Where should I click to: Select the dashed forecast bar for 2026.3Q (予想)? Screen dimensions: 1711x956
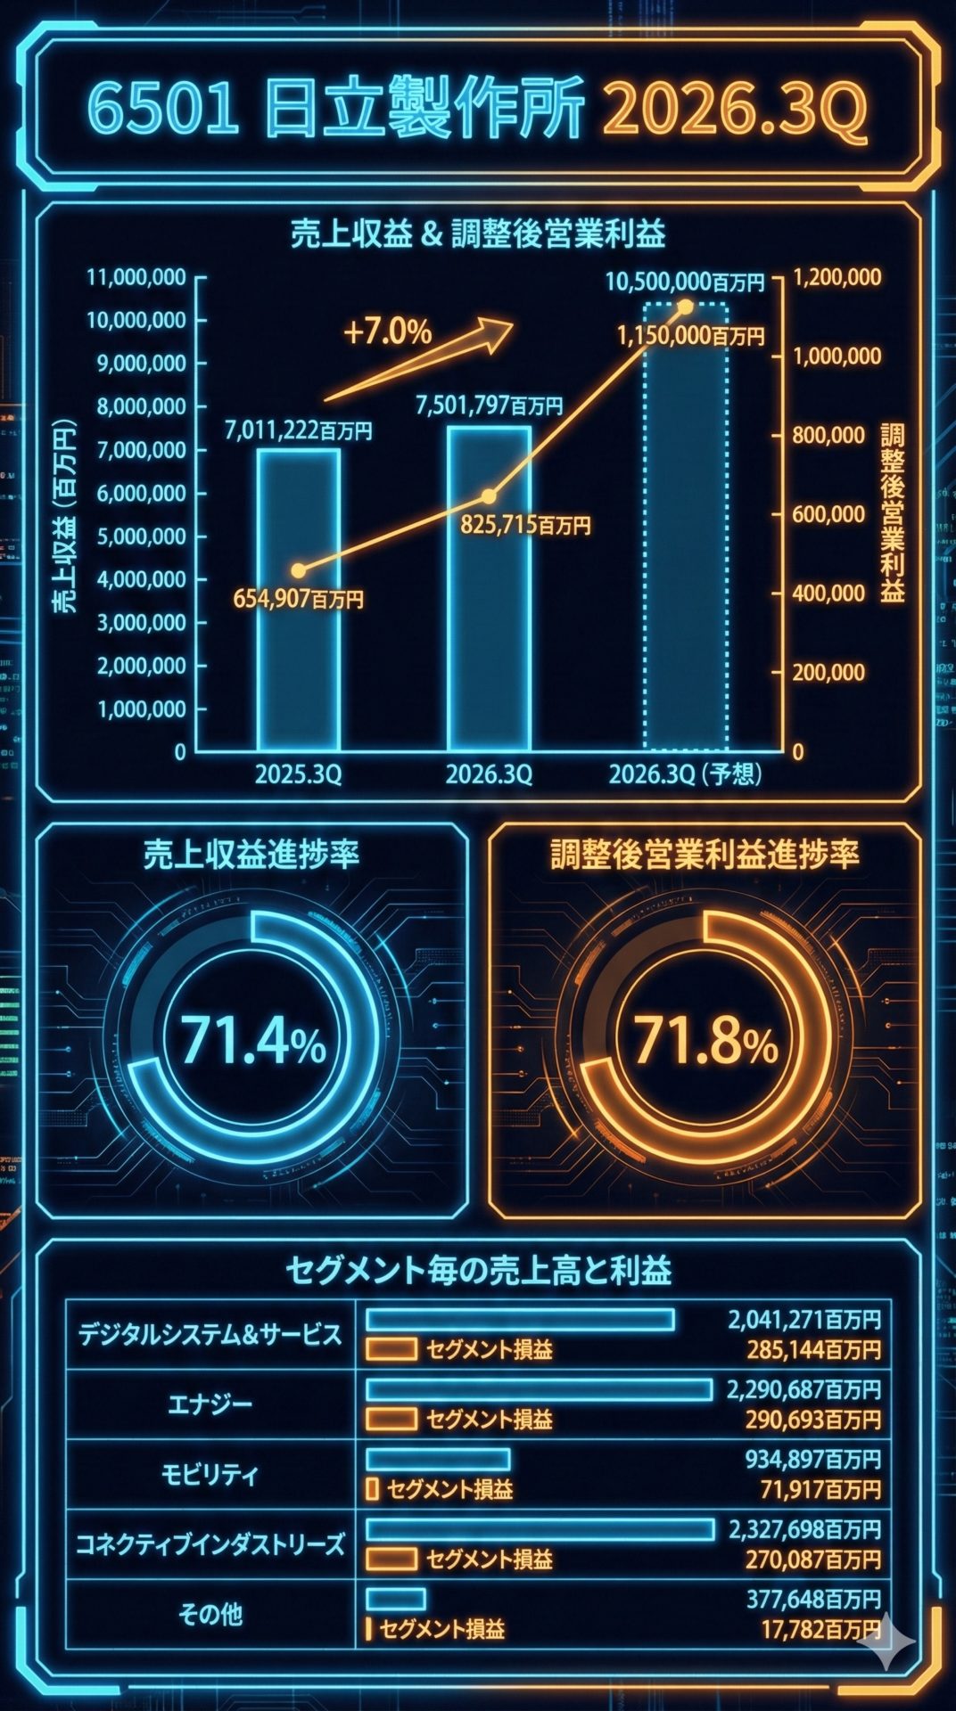point(686,535)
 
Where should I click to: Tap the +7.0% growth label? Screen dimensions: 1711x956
point(387,332)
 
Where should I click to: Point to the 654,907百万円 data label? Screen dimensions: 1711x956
point(299,600)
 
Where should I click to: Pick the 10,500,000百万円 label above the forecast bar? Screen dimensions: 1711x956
point(685,282)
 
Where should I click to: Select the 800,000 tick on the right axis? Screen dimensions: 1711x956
point(828,436)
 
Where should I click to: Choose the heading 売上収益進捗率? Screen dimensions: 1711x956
point(251,855)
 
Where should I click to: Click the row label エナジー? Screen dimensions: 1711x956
point(210,1404)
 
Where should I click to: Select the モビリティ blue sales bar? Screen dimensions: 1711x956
point(438,1459)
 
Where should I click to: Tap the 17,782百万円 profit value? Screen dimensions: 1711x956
point(820,1631)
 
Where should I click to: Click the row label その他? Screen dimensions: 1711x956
point(210,1614)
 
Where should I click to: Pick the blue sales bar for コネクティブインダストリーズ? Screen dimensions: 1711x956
point(540,1529)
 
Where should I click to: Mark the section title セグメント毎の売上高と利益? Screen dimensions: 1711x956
point(478,1270)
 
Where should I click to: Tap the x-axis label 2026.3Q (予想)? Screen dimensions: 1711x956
point(685,775)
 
